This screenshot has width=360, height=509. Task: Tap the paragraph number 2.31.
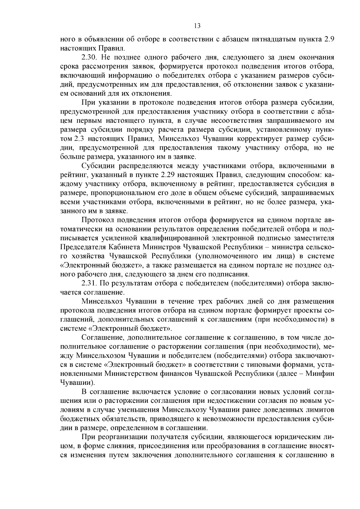[x=89, y=283]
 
